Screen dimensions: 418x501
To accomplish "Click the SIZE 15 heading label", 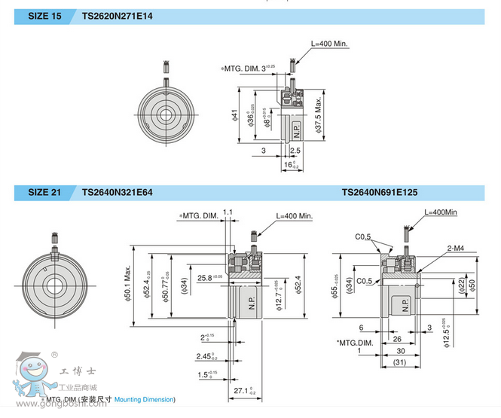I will point(45,16).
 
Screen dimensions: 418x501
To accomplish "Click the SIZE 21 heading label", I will point(45,193).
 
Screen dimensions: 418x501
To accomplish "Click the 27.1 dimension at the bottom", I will point(240,390).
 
